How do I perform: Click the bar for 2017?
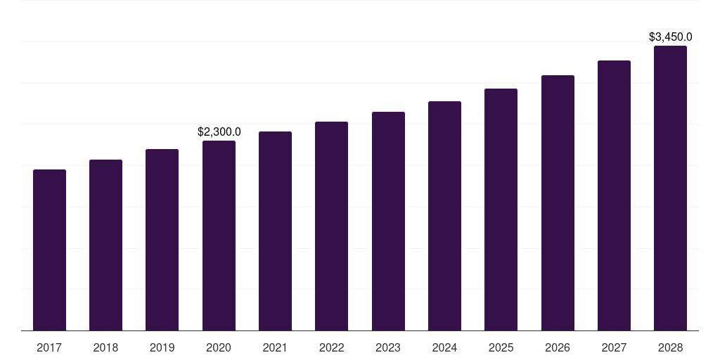pos(49,250)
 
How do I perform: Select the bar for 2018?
pos(105,245)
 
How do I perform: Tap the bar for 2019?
pos(162,240)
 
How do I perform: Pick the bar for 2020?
pos(219,236)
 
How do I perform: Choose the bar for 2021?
pos(275,231)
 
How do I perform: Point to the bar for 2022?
pos(331,226)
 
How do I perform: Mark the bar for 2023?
pos(388,221)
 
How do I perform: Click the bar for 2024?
pos(444,216)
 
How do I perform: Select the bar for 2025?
pos(501,210)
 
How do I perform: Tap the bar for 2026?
pos(558,202)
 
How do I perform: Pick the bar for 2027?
pos(614,195)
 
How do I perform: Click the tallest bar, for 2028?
pos(670,188)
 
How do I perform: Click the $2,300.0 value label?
pos(219,131)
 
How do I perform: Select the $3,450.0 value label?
pos(670,37)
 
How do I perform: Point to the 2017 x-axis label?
pos(49,347)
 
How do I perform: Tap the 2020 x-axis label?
pos(219,347)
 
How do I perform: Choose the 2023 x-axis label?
pos(388,347)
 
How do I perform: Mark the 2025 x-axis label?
pos(501,347)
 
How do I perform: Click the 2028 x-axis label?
pos(670,347)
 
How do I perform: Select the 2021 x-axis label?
pos(275,347)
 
